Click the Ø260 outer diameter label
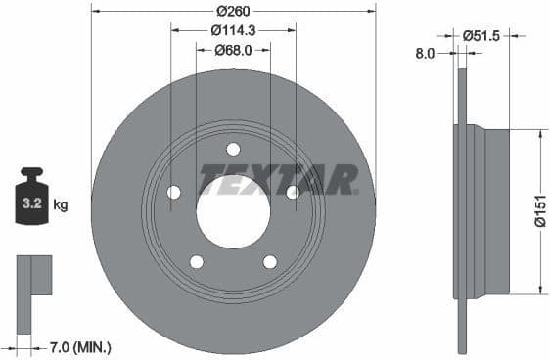(233, 11)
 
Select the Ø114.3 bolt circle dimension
(233, 30)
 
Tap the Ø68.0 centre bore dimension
(233, 50)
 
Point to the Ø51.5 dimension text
(480, 35)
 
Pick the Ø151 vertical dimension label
(539, 210)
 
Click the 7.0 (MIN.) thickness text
(80, 346)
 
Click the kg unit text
(61, 205)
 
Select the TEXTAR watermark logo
(279, 180)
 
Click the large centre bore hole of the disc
(233, 211)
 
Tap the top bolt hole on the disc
(233, 149)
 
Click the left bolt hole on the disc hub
(173, 192)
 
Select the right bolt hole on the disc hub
(293, 192)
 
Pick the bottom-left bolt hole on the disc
(196, 261)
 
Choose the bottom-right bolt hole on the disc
(270, 261)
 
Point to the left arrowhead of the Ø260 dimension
(96, 11)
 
